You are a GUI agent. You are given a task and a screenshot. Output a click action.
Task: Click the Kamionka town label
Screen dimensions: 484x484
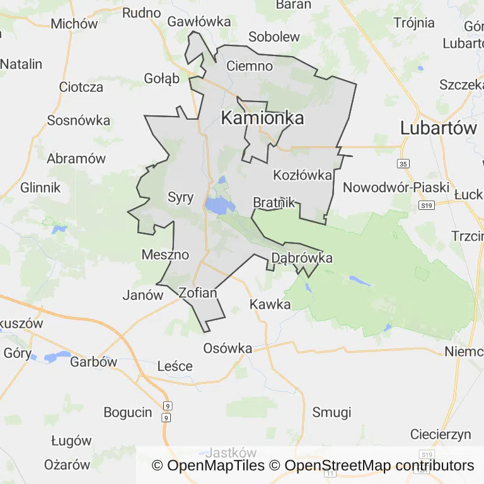pos(262,118)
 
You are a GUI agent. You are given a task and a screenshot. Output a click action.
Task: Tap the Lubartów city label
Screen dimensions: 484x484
pos(439,128)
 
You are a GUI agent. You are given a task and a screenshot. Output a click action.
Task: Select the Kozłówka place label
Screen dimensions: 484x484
pos(302,175)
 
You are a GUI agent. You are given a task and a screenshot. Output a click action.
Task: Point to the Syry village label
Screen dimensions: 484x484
pos(181,197)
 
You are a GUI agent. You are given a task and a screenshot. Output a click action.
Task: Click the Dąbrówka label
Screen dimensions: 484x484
pos(301,258)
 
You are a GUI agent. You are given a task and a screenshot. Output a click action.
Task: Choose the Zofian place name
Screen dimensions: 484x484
pos(198,292)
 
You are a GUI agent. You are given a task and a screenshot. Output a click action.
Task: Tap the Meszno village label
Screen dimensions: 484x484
pos(165,255)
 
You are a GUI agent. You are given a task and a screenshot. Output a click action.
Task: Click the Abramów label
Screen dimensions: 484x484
pos(76,158)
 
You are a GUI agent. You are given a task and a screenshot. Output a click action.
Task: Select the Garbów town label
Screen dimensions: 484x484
pos(94,362)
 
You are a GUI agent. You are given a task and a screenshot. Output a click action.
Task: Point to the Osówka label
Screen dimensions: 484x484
pos(228,349)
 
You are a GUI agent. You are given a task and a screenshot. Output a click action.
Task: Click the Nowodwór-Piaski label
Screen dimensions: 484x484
pos(396,188)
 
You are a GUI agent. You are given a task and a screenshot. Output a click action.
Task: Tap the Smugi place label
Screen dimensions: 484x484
pos(331,412)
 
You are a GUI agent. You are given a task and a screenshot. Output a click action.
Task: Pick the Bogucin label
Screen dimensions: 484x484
pos(128,412)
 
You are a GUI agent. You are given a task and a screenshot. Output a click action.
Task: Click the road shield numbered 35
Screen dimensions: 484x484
pos(403,164)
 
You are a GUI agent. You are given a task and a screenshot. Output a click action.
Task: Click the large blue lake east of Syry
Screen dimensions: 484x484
pos(219,205)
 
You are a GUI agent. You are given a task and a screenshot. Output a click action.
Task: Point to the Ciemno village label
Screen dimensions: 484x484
pos(249,66)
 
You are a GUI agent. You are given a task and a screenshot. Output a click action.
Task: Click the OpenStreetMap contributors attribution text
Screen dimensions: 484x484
pos(379,466)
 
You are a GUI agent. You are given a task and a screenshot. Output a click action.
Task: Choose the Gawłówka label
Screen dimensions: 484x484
pos(199,21)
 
